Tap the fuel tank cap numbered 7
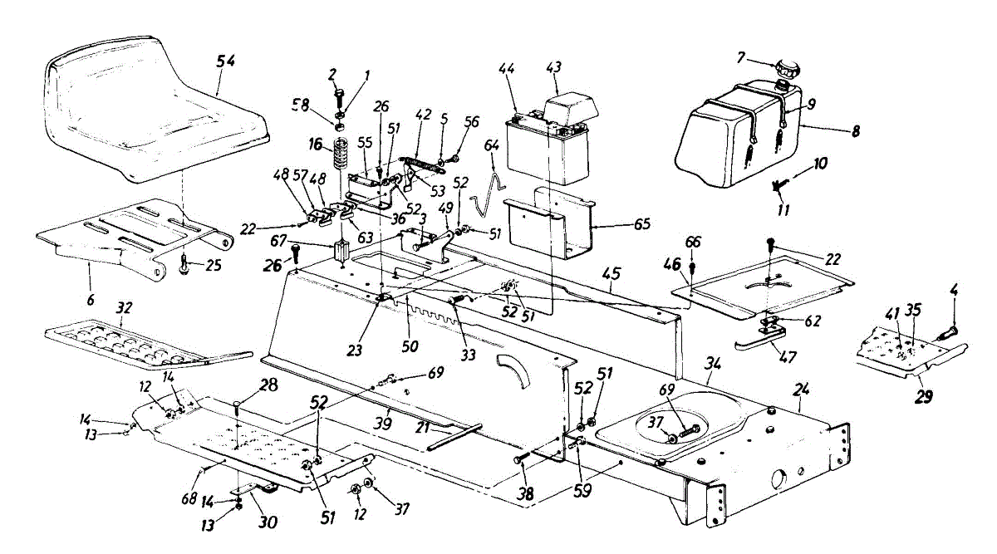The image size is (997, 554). tap(783, 68)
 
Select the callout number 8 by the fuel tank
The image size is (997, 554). tap(856, 130)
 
